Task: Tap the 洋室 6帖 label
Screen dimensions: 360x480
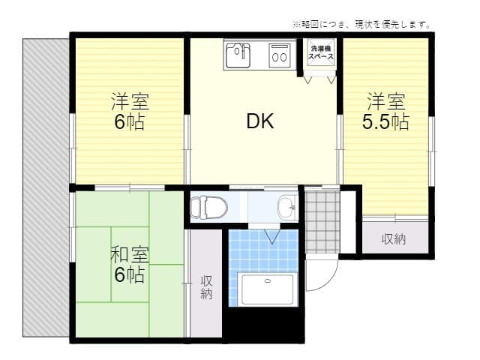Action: tap(129, 111)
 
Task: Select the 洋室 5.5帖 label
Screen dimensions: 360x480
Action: tap(385, 111)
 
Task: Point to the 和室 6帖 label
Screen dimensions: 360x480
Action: tap(129, 265)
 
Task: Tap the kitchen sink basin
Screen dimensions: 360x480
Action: tap(240, 55)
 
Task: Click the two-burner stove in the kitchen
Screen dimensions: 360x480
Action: tap(280, 55)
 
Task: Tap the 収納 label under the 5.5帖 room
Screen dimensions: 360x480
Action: tap(394, 239)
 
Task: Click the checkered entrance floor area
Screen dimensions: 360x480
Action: tap(322, 222)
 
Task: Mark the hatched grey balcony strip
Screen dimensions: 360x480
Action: tap(46, 187)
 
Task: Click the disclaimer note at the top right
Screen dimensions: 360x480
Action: tap(361, 24)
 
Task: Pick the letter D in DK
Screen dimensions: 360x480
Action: tap(253, 121)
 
